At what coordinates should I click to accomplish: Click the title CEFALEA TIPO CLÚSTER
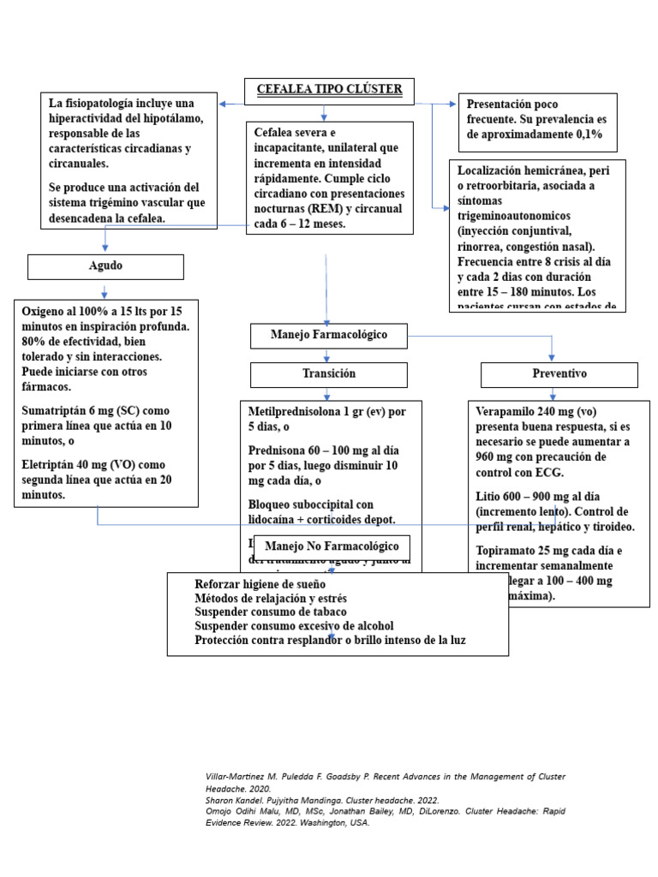324,89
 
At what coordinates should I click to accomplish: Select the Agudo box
105,266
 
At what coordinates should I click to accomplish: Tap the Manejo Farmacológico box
328,336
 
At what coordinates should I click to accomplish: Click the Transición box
328,374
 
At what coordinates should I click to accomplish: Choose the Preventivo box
559,375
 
